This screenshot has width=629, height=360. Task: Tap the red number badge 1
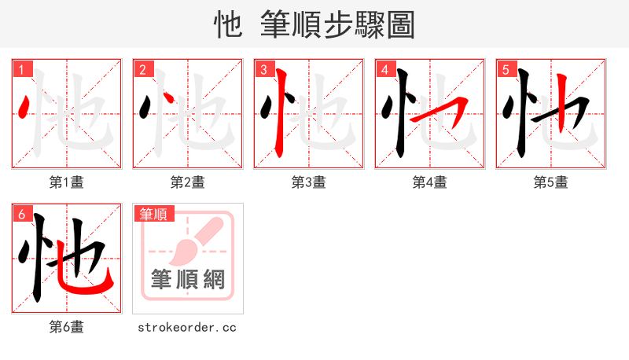coord(20,69)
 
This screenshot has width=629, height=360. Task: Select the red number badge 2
coord(142,69)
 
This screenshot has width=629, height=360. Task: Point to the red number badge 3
coord(263,69)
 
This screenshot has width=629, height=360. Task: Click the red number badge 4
coord(384,69)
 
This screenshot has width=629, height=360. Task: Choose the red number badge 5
coord(505,69)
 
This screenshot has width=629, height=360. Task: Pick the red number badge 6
coord(20,214)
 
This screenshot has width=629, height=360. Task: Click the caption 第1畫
coord(66,182)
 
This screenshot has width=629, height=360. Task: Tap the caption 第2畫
coord(187,182)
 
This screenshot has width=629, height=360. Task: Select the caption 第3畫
coord(308,182)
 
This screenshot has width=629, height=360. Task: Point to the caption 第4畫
coord(429,182)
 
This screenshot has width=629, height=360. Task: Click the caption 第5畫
coord(550,182)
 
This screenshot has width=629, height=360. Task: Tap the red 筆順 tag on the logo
coord(153,214)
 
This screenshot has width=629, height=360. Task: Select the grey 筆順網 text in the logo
coord(188,279)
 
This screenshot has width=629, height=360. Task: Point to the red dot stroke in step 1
coord(24,105)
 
